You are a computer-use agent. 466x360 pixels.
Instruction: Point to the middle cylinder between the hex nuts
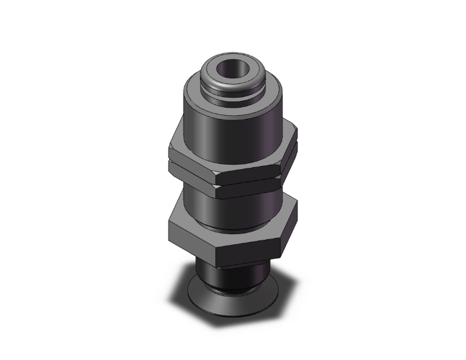(x=244, y=207)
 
